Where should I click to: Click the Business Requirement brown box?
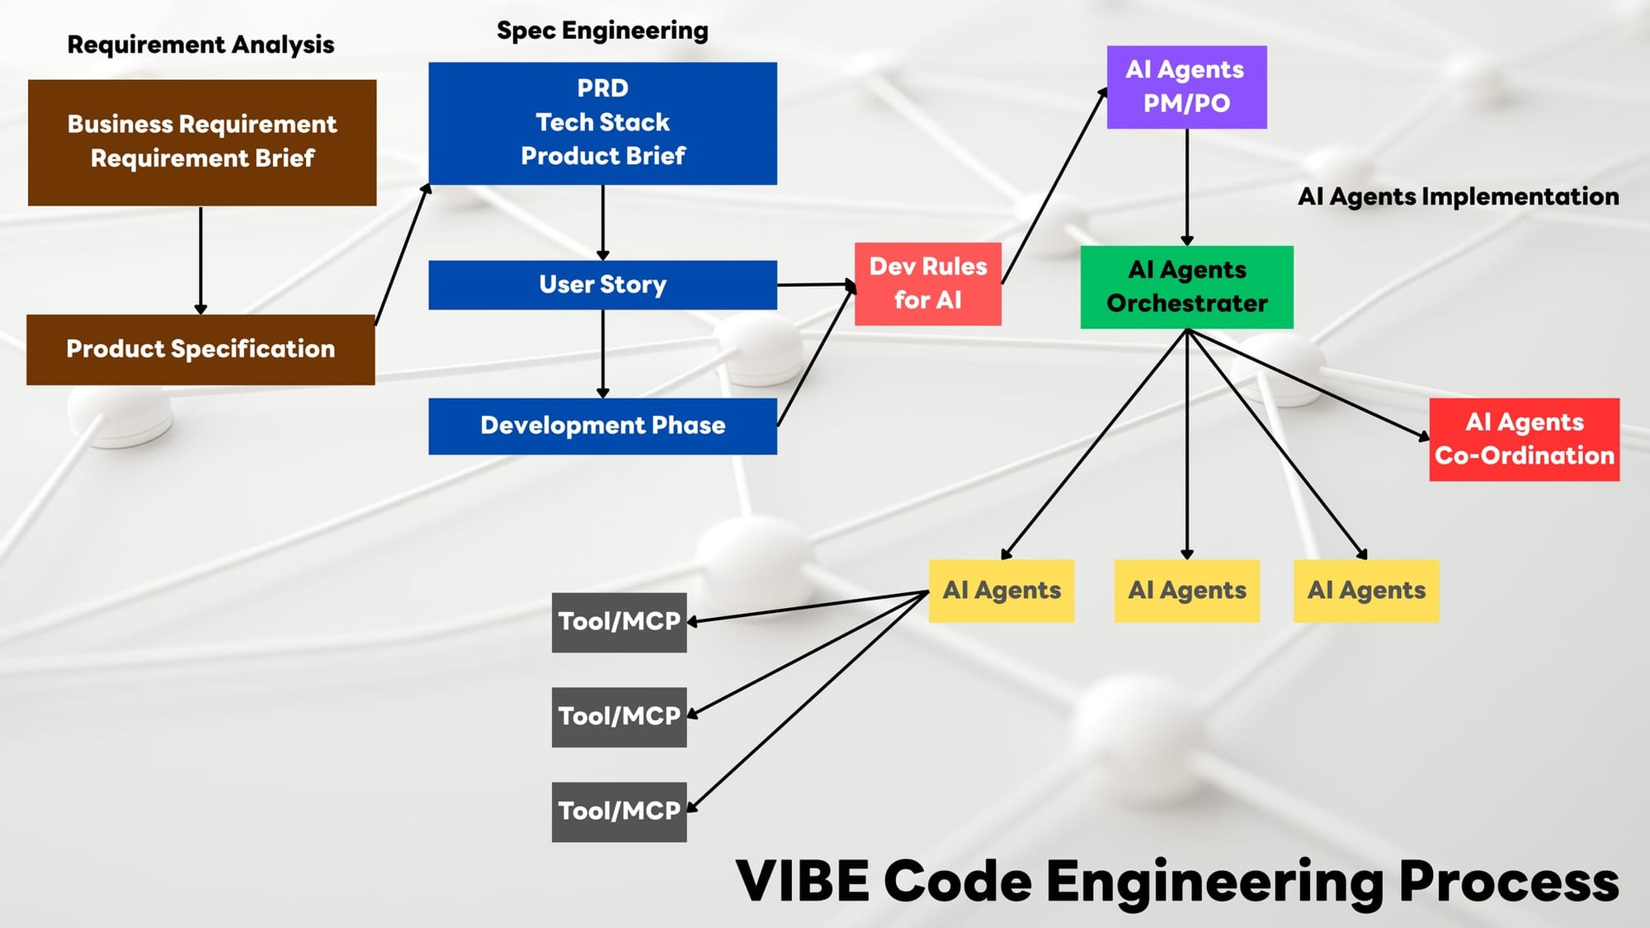pyautogui.click(x=202, y=143)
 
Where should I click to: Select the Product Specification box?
pyautogui.click(x=200, y=350)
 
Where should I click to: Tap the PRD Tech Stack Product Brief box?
pyautogui.click(x=602, y=123)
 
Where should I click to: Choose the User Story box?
pyautogui.click(x=602, y=285)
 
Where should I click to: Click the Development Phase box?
pyautogui.click(x=602, y=426)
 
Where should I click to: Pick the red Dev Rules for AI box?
pyautogui.click(x=928, y=284)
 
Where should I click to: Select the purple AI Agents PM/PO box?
pyautogui.click(x=1186, y=87)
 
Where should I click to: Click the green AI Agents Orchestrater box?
pyautogui.click(x=1187, y=287)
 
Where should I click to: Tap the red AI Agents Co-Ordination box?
pyautogui.click(x=1525, y=440)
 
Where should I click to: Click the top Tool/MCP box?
pyautogui.click(x=619, y=622)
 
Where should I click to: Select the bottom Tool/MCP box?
pyautogui.click(x=619, y=812)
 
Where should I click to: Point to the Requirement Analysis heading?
pyautogui.click(x=200, y=45)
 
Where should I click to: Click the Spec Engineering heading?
pyautogui.click(x=602, y=31)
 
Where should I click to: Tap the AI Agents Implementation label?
pyautogui.click(x=1459, y=196)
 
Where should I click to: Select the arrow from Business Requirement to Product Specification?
pyautogui.click(x=200, y=261)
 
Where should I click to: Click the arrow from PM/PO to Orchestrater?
pyautogui.click(x=1187, y=187)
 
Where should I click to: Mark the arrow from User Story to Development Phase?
pyautogui.click(x=603, y=354)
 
